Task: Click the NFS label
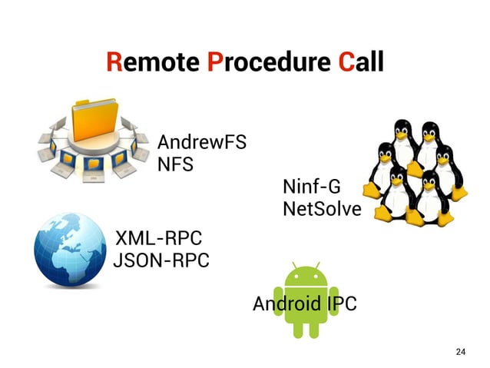tap(175, 164)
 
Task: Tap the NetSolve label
tap(321, 209)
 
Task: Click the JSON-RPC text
tap(161, 260)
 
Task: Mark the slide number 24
tap(460, 351)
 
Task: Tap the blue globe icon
tap(70, 247)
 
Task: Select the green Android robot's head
tap(306, 276)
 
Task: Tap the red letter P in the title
tap(215, 62)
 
